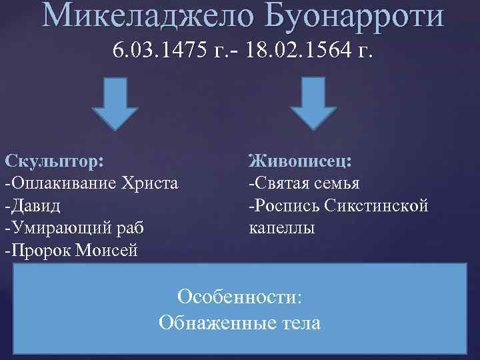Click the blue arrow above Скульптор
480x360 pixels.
point(115,102)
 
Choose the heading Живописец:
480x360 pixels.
point(301,161)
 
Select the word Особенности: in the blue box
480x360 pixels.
point(240,297)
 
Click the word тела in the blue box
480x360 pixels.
point(300,323)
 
